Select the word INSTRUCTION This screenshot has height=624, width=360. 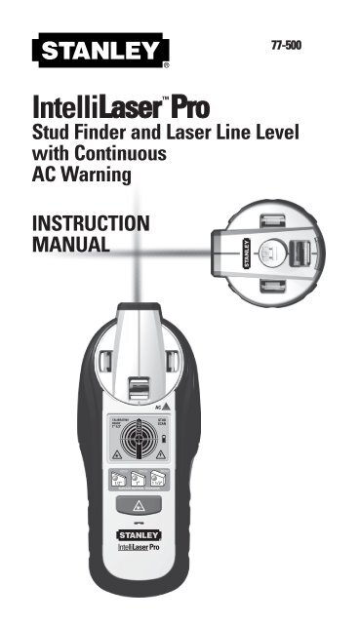click(91, 223)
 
